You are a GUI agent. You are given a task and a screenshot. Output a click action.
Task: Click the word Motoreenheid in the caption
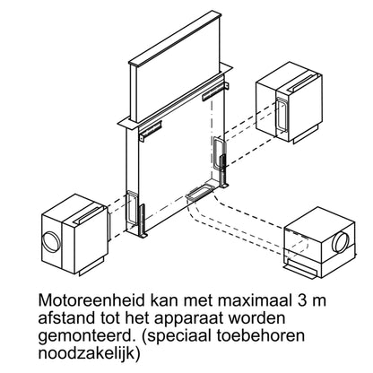tap(91, 300)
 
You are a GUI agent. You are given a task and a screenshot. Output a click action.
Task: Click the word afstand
tap(67, 318)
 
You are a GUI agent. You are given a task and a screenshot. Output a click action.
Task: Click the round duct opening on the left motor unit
tap(51, 242)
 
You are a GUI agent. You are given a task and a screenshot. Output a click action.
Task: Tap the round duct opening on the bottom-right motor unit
tap(341, 241)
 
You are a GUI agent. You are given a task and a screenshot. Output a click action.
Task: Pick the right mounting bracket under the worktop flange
tap(215, 91)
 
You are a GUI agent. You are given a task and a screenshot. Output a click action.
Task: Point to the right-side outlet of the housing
tap(219, 153)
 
